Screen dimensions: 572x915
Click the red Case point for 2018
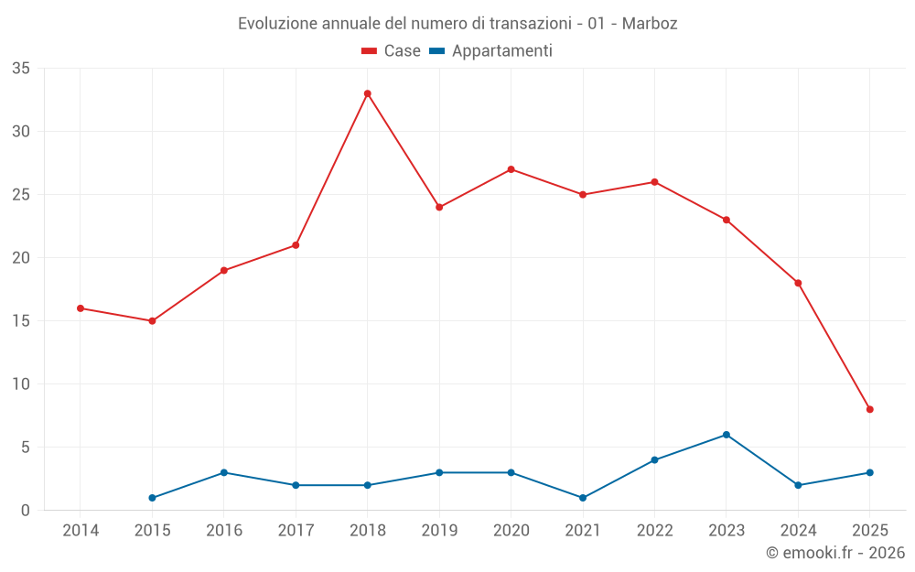click(368, 93)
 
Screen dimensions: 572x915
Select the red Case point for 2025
click(869, 409)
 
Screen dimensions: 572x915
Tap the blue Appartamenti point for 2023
click(727, 435)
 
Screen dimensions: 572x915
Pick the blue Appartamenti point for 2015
click(152, 498)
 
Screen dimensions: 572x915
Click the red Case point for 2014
click(81, 308)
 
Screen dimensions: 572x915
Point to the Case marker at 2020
click(511, 169)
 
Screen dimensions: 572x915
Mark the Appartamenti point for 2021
click(583, 498)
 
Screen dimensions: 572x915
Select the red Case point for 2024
click(798, 283)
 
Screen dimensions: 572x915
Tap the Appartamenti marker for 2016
click(224, 472)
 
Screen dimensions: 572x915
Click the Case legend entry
click(392, 51)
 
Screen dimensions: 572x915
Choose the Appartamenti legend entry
click(491, 51)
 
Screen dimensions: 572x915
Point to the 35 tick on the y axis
click(21, 69)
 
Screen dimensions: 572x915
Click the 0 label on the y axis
click(26, 511)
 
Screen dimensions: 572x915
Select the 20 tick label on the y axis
click(21, 258)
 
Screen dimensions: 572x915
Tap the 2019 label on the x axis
click(439, 530)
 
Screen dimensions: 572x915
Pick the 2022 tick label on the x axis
click(654, 530)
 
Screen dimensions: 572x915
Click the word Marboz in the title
click(650, 24)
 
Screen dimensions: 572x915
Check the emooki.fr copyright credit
click(834, 553)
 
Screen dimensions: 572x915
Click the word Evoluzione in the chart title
click(278, 24)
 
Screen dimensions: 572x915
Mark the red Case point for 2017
click(296, 245)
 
